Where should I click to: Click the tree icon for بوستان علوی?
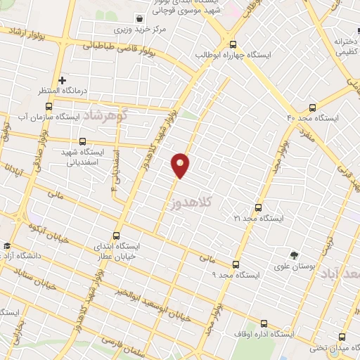[x=294, y=255]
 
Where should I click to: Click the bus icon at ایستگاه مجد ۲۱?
[x=259, y=207]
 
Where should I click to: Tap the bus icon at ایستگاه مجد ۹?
[x=236, y=264]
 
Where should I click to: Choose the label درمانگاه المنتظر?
[x=62, y=91]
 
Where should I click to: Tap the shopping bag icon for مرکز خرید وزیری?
[x=141, y=19]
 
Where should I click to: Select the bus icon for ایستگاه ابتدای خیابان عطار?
[x=116, y=236]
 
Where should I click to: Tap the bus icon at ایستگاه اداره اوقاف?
[x=264, y=323]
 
